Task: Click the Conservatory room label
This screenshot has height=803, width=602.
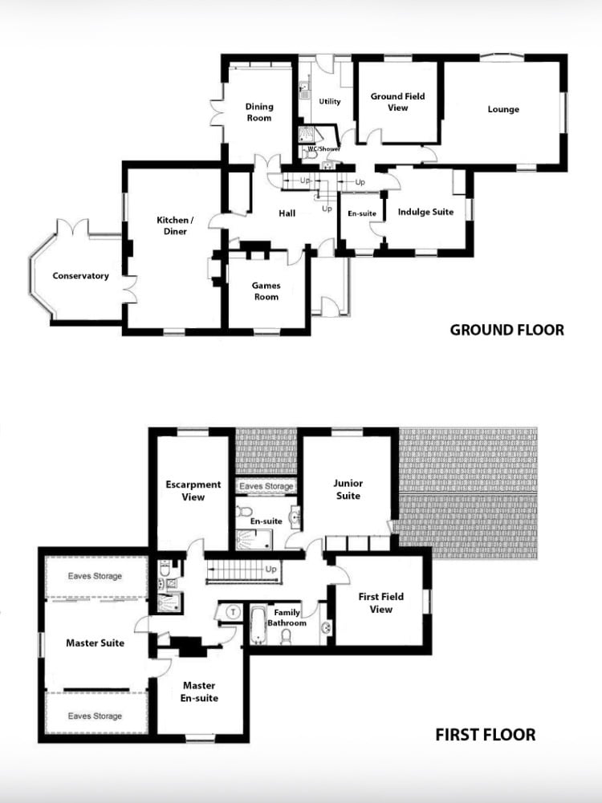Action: point(80,276)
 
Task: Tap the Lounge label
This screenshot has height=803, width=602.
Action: point(503,109)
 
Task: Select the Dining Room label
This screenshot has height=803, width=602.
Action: point(259,112)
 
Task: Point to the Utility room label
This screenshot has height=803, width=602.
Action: point(329,101)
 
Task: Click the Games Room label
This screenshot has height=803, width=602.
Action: point(266,291)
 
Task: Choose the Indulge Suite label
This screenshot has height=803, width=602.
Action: point(425,212)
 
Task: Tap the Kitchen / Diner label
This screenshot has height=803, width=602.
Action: point(175,225)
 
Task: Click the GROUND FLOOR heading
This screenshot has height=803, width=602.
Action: point(506,330)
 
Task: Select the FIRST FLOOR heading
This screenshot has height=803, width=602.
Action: point(485,735)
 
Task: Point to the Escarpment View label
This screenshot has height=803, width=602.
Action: point(193,491)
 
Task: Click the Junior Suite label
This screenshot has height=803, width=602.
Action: point(348,489)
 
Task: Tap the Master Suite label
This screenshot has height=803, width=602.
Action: point(95,643)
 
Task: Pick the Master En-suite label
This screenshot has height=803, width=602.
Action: point(199,691)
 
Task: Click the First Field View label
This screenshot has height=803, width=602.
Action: point(380,602)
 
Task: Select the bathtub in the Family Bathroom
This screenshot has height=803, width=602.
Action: point(258,625)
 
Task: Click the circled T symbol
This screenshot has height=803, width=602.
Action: point(233,612)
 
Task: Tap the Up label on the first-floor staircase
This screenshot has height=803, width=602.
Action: point(270,569)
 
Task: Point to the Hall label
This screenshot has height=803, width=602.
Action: point(287,213)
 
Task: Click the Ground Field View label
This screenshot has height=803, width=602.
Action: point(397,102)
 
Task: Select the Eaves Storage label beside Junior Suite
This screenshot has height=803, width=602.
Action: point(266,486)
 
